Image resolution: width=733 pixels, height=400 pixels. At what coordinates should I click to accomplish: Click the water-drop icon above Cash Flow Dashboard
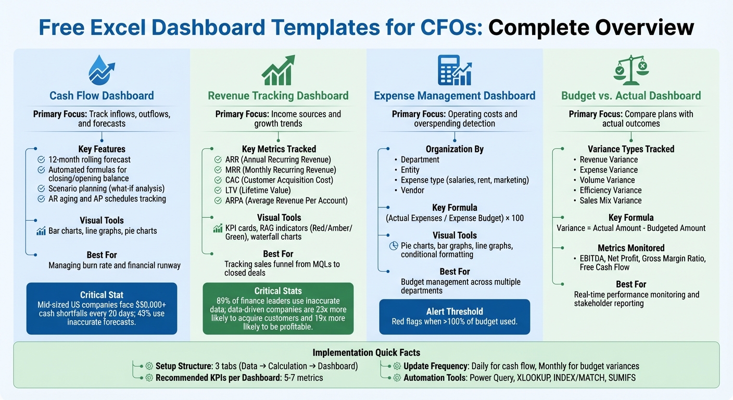(x=102, y=70)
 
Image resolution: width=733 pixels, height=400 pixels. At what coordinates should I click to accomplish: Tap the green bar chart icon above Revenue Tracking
(x=278, y=70)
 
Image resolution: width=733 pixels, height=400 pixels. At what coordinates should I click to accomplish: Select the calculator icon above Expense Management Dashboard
(x=454, y=70)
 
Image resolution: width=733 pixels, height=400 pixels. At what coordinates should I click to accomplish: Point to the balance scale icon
(x=630, y=70)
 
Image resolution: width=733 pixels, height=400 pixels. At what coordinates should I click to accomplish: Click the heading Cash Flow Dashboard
(x=102, y=96)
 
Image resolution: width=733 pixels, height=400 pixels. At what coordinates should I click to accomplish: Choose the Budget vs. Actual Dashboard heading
(x=631, y=96)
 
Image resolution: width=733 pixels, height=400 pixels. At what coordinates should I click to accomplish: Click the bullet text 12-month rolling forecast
(x=90, y=159)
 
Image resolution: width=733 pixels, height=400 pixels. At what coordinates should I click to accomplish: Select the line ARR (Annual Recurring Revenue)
(x=278, y=159)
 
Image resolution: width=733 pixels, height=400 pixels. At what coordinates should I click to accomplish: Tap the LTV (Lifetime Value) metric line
(x=258, y=190)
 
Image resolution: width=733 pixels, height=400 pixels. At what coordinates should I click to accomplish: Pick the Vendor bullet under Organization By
(x=412, y=190)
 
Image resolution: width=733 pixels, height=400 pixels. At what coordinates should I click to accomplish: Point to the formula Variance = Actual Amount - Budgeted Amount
(x=631, y=228)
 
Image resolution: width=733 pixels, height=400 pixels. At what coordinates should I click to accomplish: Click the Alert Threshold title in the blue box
(x=454, y=311)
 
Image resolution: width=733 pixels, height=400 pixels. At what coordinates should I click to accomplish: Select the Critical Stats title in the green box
(x=278, y=291)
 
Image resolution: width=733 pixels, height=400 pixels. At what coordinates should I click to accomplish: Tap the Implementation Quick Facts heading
(x=366, y=352)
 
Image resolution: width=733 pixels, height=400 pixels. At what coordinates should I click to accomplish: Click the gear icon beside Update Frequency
(x=397, y=366)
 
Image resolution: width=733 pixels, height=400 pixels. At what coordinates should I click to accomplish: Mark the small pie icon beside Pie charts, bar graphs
(x=394, y=246)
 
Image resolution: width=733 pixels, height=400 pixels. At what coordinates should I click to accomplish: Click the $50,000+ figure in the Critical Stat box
(x=150, y=305)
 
